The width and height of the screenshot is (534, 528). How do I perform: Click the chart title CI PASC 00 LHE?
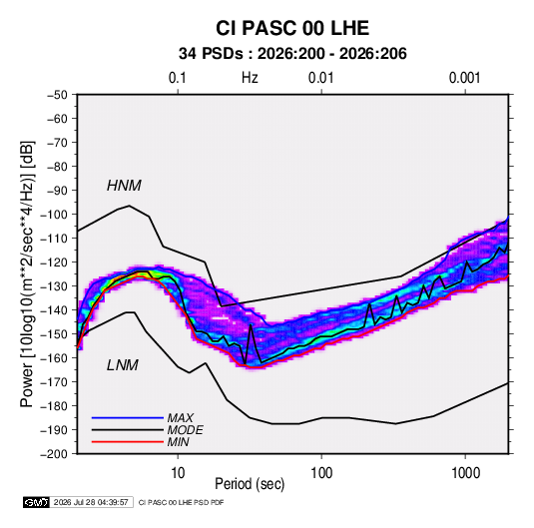292,28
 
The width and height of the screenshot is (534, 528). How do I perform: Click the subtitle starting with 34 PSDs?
292,54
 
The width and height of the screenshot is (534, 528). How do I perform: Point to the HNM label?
124,186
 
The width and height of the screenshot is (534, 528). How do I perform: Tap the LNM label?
123,365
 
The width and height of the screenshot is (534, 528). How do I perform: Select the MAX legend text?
180,418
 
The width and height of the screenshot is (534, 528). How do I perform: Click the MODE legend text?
185,430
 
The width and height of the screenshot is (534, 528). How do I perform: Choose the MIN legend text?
178,442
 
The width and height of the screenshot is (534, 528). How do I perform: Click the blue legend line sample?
128,418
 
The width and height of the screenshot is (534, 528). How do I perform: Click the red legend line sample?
128,442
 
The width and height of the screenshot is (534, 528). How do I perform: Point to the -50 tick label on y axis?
57,95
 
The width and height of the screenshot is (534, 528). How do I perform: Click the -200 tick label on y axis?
54,454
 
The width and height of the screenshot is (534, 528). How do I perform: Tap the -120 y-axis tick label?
54,263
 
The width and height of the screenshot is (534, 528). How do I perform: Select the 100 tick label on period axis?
321,473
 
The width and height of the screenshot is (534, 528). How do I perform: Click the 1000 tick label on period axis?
465,473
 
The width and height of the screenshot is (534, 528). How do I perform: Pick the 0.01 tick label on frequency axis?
320,78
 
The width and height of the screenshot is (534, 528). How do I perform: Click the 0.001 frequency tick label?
464,78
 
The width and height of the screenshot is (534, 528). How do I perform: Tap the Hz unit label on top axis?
250,78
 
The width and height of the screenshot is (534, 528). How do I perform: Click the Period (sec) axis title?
250,484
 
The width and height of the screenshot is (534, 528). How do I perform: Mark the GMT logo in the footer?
36,502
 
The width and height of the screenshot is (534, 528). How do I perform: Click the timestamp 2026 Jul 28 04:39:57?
91,502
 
